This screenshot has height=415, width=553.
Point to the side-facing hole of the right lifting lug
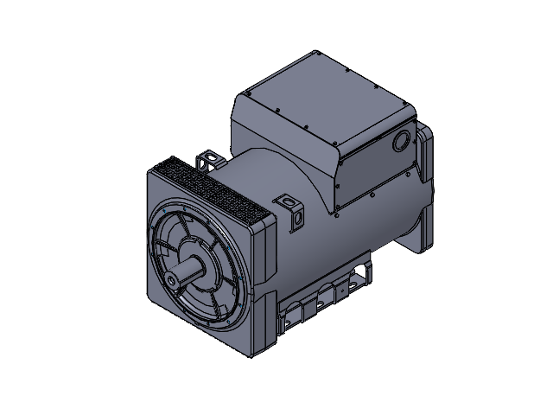(x=298, y=220)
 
